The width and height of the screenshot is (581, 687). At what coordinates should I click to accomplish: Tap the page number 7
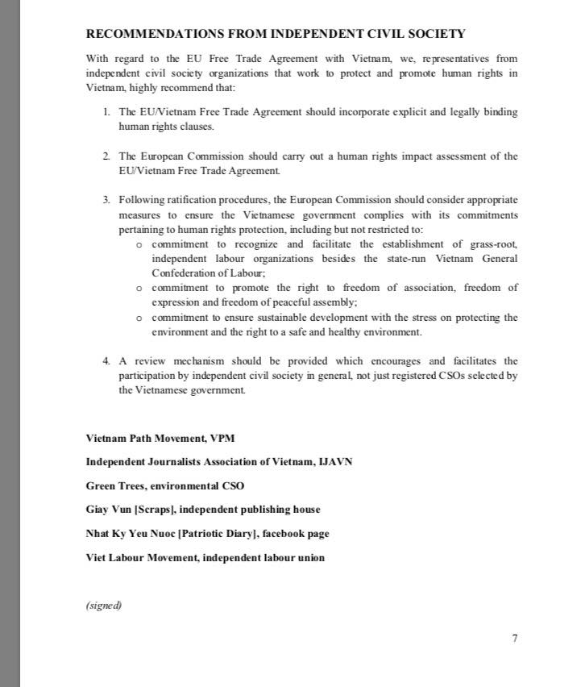coord(514,639)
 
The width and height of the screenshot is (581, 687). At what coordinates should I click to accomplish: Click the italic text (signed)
coord(103,606)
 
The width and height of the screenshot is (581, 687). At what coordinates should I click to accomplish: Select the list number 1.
coord(106,111)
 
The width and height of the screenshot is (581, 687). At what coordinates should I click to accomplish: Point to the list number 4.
coord(106,360)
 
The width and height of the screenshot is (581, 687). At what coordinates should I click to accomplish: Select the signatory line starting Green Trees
coord(164,485)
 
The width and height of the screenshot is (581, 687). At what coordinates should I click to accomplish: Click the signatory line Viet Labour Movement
coord(205,557)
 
